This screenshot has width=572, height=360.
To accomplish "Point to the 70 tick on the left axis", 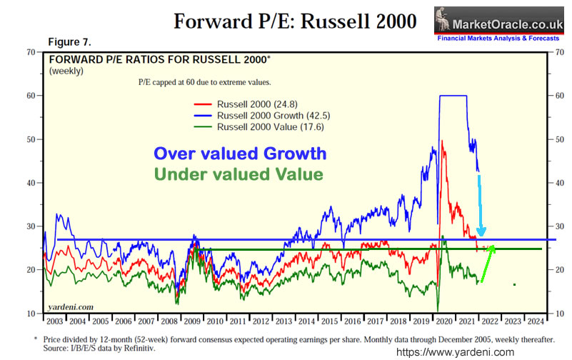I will (x=31, y=51).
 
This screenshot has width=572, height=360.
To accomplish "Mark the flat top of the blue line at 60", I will (x=453, y=96).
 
